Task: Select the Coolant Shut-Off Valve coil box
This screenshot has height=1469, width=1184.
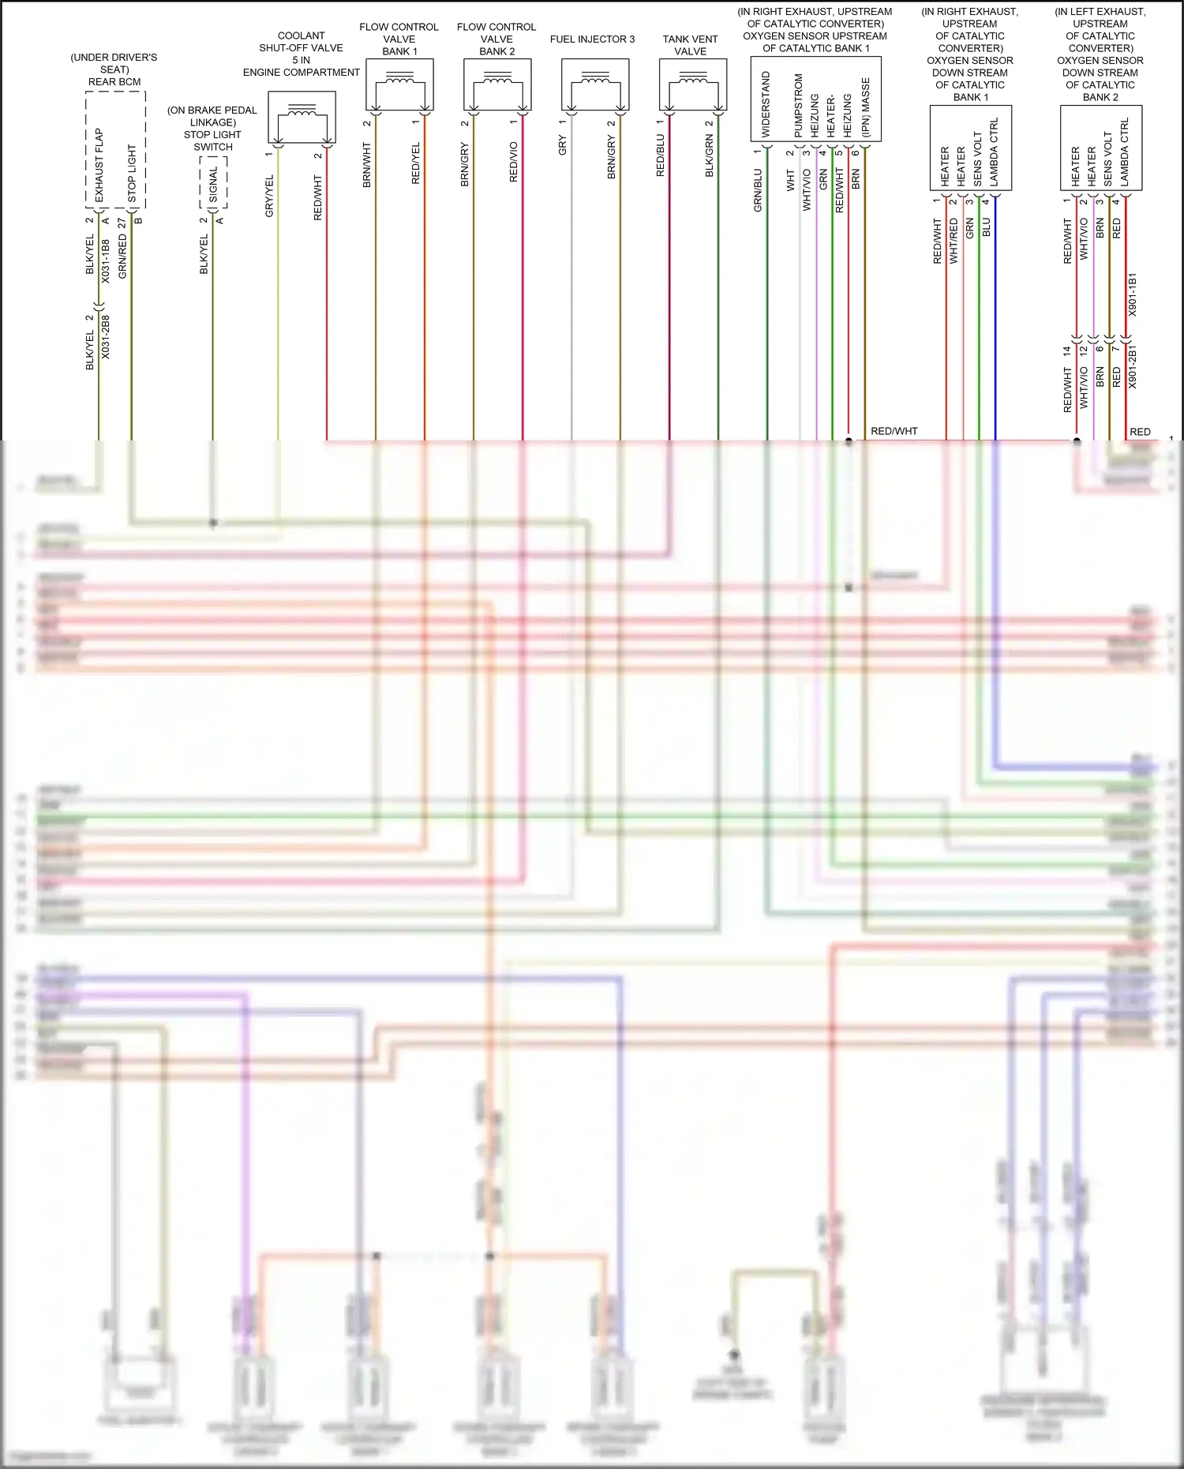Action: pos(302,118)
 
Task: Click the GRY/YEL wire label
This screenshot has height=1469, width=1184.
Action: pos(269,197)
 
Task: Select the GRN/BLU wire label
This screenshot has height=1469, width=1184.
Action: pos(758,190)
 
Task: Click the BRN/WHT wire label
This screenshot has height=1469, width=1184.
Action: pos(367,165)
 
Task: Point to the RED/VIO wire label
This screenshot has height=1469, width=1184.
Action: pos(514,163)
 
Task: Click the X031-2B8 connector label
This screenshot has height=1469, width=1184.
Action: pos(106,338)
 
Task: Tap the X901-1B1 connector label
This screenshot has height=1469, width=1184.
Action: pos(1133,295)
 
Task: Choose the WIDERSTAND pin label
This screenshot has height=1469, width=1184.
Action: pos(766,104)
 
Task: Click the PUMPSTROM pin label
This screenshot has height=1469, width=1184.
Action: pos(798,106)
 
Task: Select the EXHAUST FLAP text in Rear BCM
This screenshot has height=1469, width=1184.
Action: pos(99,165)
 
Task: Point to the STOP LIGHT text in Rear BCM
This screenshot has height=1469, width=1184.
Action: pos(132,174)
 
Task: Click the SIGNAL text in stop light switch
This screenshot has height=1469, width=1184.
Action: pos(213,183)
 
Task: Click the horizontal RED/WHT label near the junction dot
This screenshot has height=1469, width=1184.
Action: pos(894,431)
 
